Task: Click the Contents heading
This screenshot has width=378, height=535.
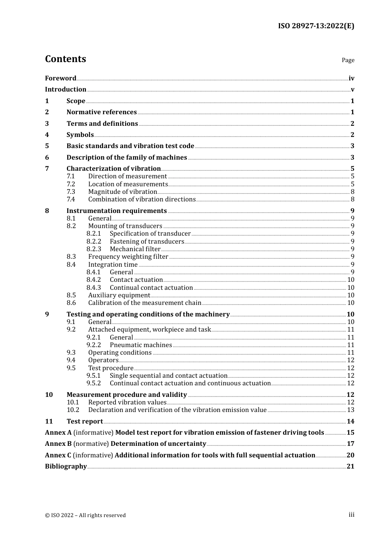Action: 65,59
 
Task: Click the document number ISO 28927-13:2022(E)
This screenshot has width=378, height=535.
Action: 316,26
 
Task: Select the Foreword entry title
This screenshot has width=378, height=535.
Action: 60,78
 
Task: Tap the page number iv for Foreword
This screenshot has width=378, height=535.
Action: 351,78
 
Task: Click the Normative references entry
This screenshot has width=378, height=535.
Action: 101,112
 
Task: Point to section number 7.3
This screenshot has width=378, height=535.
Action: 71,192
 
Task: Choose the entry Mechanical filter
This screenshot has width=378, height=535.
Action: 135,249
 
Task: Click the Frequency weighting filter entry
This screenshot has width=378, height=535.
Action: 128,257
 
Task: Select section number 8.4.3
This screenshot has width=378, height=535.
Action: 94,287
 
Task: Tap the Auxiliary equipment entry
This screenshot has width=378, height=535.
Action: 119,295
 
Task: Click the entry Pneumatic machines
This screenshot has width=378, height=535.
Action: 141,345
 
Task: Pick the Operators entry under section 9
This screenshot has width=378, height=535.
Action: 103,360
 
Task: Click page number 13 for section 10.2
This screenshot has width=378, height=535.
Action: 351,410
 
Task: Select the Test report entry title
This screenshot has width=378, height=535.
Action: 85,422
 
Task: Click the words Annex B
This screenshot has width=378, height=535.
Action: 58,444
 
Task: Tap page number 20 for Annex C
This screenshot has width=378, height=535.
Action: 350,455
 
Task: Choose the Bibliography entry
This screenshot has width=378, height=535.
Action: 66,467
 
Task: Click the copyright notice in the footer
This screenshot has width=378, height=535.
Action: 85,515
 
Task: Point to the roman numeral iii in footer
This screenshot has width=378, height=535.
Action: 351,515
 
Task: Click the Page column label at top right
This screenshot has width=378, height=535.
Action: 348,60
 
